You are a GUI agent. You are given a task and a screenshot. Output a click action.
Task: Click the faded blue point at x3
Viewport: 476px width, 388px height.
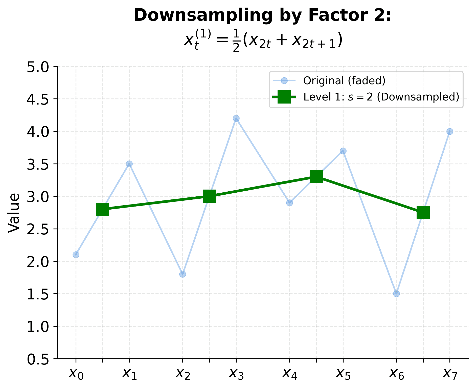(236, 118)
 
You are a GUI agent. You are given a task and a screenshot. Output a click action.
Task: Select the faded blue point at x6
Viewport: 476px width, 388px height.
(396, 294)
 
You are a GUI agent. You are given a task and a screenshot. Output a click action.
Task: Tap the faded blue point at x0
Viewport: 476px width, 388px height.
(76, 255)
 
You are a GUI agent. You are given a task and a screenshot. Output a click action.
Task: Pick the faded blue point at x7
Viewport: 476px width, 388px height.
(450, 131)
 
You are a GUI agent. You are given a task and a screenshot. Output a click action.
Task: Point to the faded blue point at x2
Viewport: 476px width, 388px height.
(183, 274)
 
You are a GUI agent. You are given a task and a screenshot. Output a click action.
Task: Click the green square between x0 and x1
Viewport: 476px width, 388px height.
(102, 209)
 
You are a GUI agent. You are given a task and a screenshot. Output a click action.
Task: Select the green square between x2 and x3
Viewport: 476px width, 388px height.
(209, 196)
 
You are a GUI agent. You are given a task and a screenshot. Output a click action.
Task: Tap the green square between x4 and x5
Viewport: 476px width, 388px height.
(316, 176)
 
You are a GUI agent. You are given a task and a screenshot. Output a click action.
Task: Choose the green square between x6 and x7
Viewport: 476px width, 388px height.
(423, 212)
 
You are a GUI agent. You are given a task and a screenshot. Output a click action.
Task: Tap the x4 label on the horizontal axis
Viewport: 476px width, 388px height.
(289, 374)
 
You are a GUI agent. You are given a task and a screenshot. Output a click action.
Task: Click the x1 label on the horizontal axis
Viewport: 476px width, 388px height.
(129, 374)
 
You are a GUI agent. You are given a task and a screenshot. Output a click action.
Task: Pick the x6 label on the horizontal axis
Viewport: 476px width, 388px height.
(396, 374)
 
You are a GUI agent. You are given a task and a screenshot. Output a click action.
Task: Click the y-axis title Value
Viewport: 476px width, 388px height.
(14, 213)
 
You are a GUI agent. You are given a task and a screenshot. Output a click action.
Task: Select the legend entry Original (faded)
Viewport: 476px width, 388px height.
(344, 81)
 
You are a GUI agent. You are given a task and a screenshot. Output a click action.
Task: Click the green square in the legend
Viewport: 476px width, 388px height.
(284, 97)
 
